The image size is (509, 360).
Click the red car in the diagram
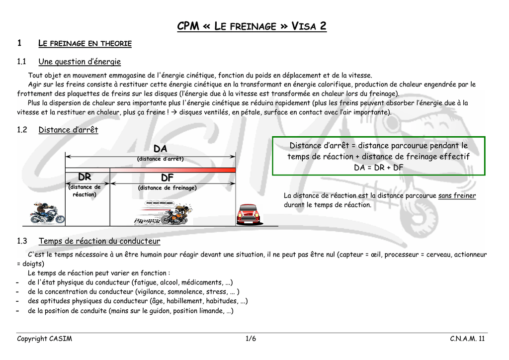tap(248, 214)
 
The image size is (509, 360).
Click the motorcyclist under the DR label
tap(45, 213)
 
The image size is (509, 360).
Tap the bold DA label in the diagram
tap(160, 149)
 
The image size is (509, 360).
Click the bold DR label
tap(85, 178)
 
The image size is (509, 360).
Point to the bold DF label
tap(167, 178)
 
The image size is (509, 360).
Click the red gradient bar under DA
tap(172, 170)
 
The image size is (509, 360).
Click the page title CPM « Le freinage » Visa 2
tap(252, 26)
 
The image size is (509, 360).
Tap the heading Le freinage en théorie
tap(85, 44)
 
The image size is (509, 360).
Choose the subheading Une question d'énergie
tap(80, 62)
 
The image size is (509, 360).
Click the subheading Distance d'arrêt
tap(68, 130)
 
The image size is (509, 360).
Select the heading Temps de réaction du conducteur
tap(99, 241)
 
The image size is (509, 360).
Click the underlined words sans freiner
tap(457, 196)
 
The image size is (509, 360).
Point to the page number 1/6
tap(251, 339)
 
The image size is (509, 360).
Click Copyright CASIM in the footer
tap(45, 339)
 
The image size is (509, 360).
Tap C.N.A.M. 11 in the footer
tap(467, 339)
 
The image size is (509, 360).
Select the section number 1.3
tap(22, 241)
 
